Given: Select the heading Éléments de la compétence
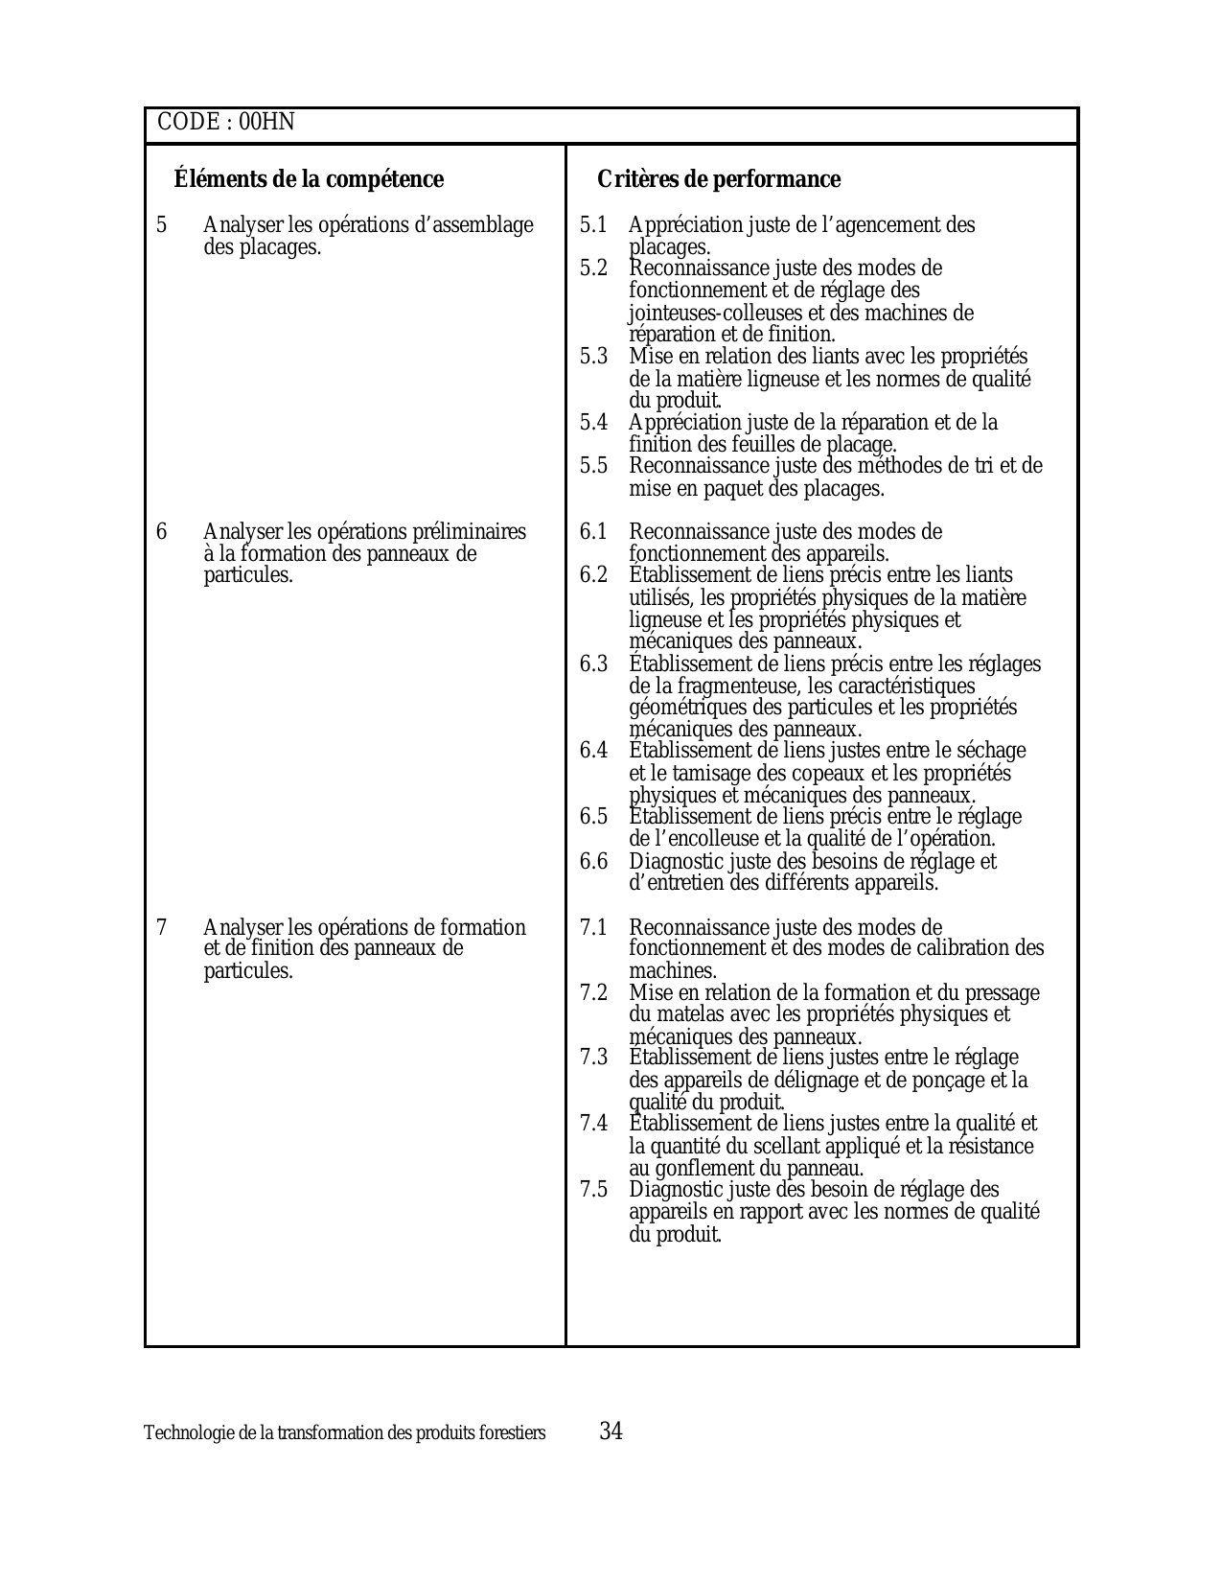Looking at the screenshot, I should click(x=309, y=179).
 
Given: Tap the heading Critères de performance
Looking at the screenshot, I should click(x=718, y=179).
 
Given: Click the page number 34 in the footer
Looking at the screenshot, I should click(x=611, y=1431).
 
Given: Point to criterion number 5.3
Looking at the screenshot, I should click(x=593, y=357).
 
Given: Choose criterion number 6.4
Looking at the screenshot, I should click(x=593, y=751).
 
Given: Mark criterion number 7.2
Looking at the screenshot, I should click(x=593, y=992).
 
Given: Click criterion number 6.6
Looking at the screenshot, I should click(x=593, y=861).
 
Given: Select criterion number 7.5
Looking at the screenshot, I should click(x=593, y=1190).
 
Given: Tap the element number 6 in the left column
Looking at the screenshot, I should click(x=161, y=532).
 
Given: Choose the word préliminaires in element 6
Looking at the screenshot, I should click(x=469, y=532).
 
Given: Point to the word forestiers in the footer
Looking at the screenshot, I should click(x=515, y=1433).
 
